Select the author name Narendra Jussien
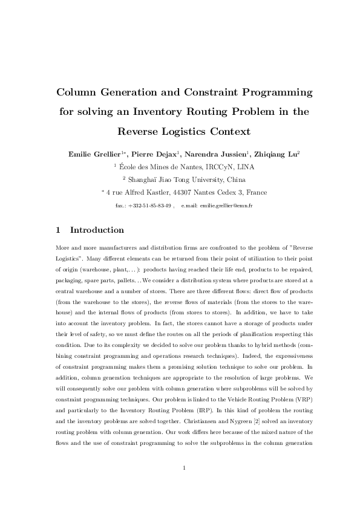218,154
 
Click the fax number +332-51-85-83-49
149,206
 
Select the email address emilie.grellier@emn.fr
226,206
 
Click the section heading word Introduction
97,230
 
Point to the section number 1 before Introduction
57,230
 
